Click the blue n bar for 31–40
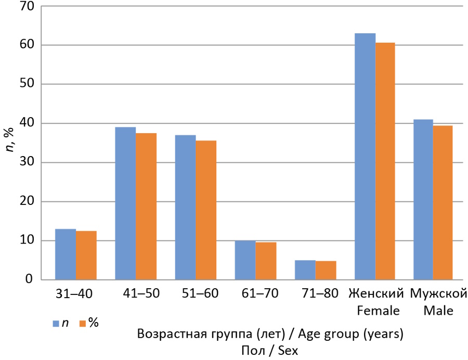click(66, 254)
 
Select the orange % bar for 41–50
click(146, 206)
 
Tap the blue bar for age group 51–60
click(185, 208)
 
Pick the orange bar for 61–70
click(266, 261)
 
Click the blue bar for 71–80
click(305, 270)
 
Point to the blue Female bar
click(365, 157)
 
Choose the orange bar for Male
click(443, 203)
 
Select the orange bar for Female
click(385, 161)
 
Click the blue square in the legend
click(56, 324)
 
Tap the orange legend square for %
click(82, 324)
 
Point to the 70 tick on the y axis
click(27, 6)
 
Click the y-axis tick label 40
click(27, 123)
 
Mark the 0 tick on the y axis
click(29, 279)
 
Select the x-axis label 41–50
click(141, 293)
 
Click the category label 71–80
click(320, 293)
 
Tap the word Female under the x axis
click(378, 311)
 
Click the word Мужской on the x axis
click(438, 293)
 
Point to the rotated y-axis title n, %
click(10, 139)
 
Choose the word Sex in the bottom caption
click(288, 351)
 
